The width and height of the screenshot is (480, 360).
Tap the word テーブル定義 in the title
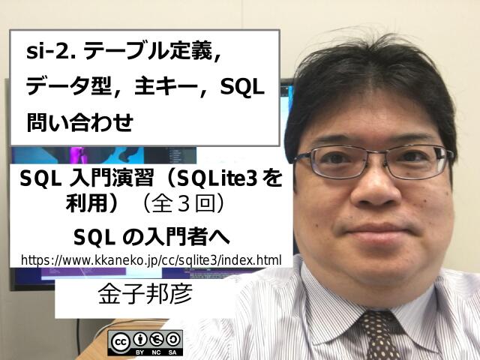(x=148, y=51)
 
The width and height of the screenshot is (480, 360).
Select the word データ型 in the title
(x=68, y=87)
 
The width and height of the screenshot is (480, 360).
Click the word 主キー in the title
(x=166, y=87)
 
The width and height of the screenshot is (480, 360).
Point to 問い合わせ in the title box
(x=80, y=122)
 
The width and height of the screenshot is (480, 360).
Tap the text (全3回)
(x=184, y=205)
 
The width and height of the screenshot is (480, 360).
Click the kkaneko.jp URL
(x=151, y=260)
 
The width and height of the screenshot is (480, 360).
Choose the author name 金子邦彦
(x=145, y=293)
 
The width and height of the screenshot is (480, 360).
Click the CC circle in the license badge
(x=120, y=342)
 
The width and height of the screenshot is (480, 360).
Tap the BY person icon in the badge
(x=140, y=339)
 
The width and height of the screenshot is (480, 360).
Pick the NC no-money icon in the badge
(x=156, y=339)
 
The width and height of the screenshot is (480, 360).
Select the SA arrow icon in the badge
(x=172, y=339)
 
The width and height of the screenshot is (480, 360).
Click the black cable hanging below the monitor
(x=78, y=337)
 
